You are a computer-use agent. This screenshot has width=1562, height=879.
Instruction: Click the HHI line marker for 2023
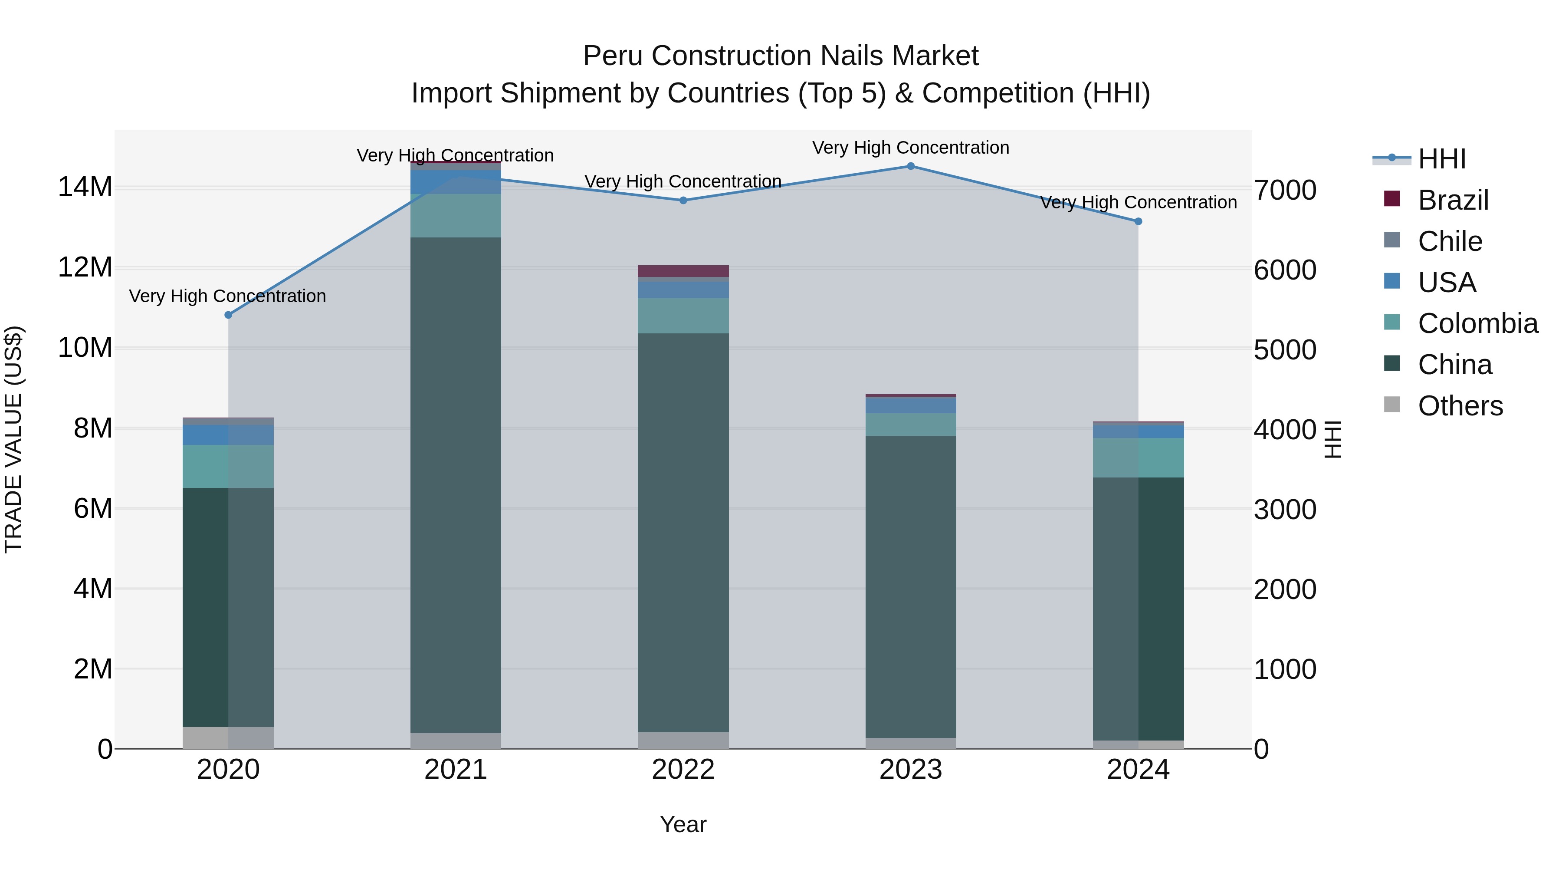point(910,166)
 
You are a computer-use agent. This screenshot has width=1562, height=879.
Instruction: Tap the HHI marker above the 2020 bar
point(228,315)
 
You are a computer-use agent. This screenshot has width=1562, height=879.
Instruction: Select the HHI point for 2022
point(683,200)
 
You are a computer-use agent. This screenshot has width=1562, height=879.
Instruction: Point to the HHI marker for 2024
point(1138,221)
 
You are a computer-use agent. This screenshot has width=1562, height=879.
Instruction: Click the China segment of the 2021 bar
point(456,485)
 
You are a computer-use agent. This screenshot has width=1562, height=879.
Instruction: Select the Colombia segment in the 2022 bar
point(683,316)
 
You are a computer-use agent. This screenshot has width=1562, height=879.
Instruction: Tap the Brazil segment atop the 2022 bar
point(683,270)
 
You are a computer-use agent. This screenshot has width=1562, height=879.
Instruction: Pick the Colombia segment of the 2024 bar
point(1138,458)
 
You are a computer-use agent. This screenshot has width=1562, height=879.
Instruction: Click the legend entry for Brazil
point(1453,200)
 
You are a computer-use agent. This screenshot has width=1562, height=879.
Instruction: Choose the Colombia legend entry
point(1477,323)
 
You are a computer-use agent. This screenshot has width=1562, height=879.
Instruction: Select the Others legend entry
point(1460,406)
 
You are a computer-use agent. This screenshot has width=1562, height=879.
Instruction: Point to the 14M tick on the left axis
point(85,187)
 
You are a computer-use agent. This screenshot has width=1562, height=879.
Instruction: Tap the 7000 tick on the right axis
point(1285,190)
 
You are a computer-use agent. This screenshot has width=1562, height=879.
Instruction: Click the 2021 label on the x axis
point(456,770)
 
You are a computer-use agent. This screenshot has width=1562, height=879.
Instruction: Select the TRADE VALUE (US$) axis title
point(13,439)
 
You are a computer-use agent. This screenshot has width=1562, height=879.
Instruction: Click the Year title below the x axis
point(683,824)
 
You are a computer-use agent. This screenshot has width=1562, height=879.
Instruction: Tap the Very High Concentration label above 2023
point(910,148)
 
